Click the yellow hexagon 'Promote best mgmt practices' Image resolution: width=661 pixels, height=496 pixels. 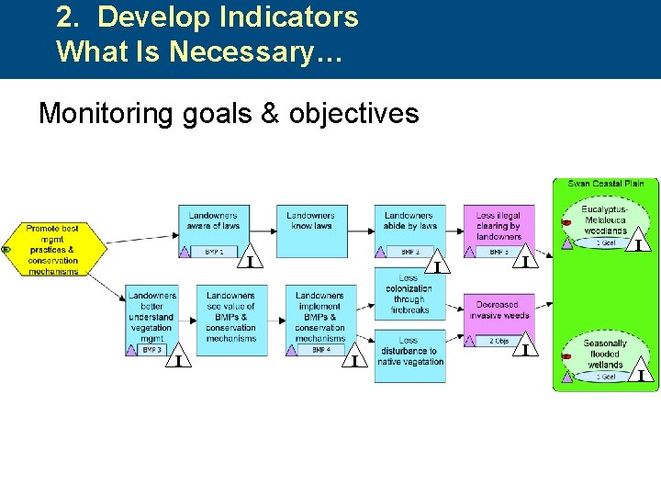[x=52, y=249]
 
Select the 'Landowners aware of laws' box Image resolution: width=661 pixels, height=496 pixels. [x=213, y=222]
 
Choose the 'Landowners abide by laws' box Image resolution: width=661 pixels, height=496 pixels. [x=409, y=222]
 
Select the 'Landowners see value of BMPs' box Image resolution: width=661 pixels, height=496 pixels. [x=231, y=317]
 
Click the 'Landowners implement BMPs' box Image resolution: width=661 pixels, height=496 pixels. [x=320, y=315]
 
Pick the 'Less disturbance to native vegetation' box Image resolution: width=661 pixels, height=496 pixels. [x=409, y=352]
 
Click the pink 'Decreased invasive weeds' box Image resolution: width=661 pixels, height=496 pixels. [x=499, y=310]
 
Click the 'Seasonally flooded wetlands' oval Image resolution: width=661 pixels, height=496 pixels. [x=605, y=354]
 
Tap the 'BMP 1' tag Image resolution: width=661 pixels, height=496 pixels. [x=214, y=252]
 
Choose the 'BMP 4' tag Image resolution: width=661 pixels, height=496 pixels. [x=320, y=350]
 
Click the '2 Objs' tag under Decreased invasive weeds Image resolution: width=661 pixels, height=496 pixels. [x=499, y=341]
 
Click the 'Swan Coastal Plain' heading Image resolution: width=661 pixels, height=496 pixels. [x=606, y=184]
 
